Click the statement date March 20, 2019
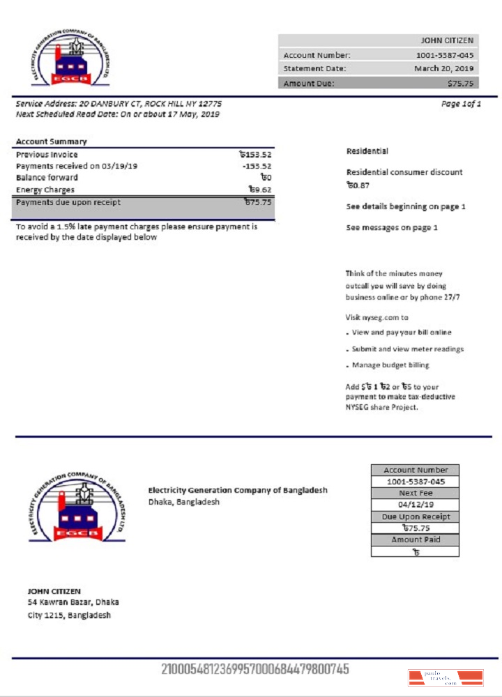(x=443, y=68)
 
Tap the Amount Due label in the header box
(x=308, y=83)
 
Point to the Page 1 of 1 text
(x=461, y=104)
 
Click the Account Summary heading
(x=51, y=141)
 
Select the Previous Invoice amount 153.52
(x=255, y=155)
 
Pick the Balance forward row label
(x=47, y=178)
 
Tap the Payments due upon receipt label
(x=68, y=202)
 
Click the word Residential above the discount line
(x=367, y=151)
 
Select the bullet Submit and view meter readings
(x=408, y=348)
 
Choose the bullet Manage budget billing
(x=390, y=365)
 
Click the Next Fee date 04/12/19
(x=415, y=505)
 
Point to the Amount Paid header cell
(x=415, y=539)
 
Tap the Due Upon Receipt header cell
(x=415, y=516)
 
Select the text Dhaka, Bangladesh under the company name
(x=183, y=502)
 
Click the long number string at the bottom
(x=254, y=669)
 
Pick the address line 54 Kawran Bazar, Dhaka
(x=73, y=602)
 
